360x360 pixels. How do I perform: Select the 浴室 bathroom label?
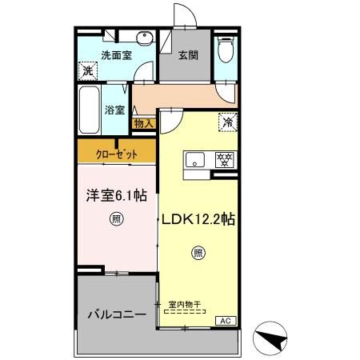pos(114,109)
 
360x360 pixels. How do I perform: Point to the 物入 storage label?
pos(143,123)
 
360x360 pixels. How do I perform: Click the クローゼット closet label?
pos(116,153)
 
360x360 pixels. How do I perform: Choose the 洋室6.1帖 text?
pos(117,194)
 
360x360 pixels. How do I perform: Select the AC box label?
pos(225,321)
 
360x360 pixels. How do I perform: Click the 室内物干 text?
pos(185,304)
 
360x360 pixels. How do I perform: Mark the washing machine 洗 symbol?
pos(87,71)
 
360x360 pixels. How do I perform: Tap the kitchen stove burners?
pos(225,158)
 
